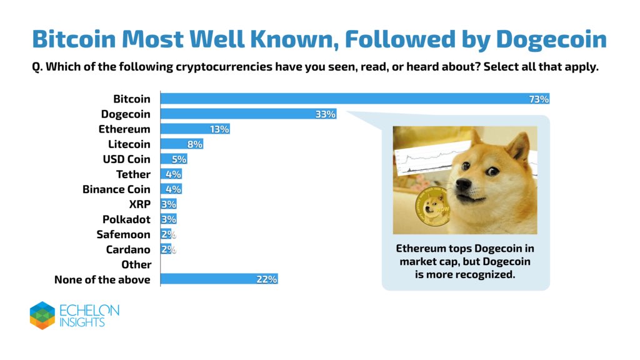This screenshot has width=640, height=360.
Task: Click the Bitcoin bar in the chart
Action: tap(350, 99)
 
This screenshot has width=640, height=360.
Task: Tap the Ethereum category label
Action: tap(124, 129)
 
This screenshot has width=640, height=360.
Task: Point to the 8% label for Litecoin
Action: tap(194, 144)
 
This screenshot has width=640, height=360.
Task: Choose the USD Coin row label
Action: tap(126, 159)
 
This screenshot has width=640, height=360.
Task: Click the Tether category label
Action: tap(133, 174)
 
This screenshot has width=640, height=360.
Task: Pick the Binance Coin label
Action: tap(116, 189)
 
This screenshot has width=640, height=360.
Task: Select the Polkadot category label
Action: tap(126, 219)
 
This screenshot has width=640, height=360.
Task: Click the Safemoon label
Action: tap(123, 234)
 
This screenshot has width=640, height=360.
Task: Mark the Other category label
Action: tap(136, 264)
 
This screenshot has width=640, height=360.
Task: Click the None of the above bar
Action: tap(219, 279)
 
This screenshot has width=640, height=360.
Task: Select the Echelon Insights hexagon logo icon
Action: tap(42, 315)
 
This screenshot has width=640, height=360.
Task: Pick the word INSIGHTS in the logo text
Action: tap(83, 322)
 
